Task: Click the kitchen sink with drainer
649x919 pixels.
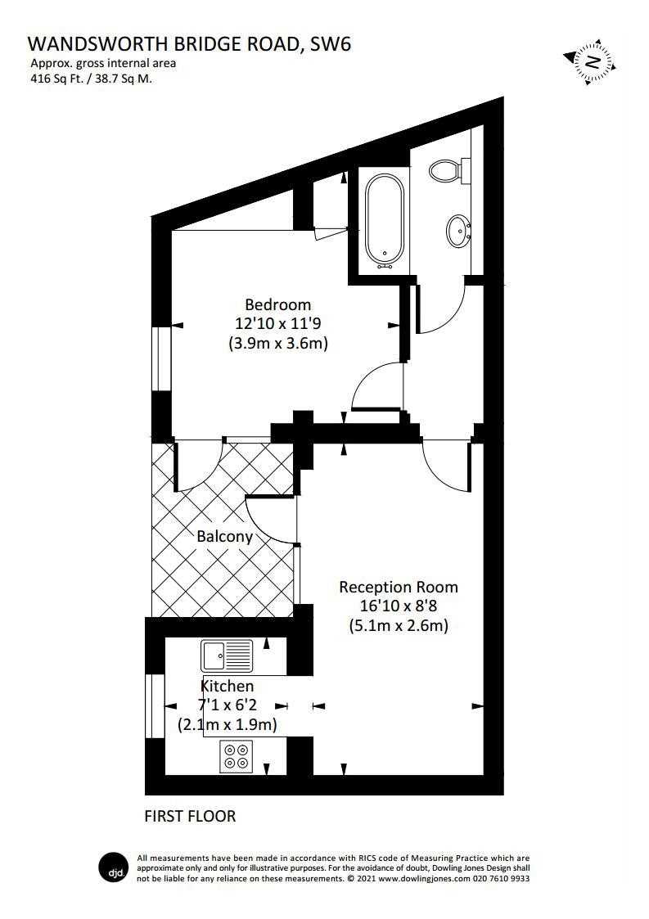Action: tap(227, 655)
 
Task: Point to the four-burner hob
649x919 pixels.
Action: tap(237, 756)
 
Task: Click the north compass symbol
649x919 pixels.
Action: tap(592, 61)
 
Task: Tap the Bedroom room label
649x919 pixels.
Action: tap(278, 304)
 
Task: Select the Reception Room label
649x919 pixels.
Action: tap(399, 588)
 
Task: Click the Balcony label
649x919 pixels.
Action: tap(224, 537)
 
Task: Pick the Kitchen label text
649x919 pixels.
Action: tap(228, 686)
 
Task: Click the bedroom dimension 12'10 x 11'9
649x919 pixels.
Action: tap(278, 323)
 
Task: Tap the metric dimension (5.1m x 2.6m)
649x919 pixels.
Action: tap(399, 625)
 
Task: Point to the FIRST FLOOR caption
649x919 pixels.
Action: tap(190, 816)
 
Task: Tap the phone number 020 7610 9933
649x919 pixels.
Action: tap(501, 879)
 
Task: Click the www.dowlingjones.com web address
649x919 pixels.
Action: tap(424, 879)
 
